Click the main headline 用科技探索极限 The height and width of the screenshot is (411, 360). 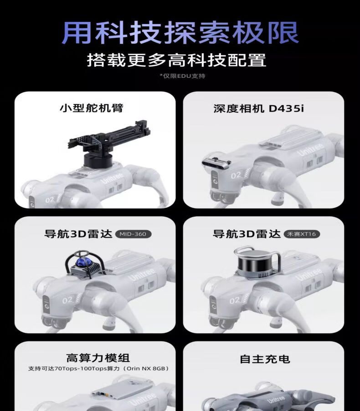pyautogui.click(x=180, y=33)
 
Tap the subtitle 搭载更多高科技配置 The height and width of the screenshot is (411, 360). pyautogui.click(x=177, y=60)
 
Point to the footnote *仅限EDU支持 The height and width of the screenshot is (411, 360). pyautogui.click(x=182, y=76)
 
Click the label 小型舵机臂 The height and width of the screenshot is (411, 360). pyautogui.click(x=92, y=108)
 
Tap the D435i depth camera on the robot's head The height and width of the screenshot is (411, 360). pyautogui.click(x=216, y=163)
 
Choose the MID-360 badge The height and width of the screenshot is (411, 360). pyautogui.click(x=133, y=234)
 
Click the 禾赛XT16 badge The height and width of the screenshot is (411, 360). pyautogui.click(x=302, y=234)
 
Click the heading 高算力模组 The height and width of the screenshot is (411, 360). pyautogui.click(x=98, y=358)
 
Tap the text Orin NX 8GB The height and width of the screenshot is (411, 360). pyautogui.click(x=146, y=369)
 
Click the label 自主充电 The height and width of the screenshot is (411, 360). pyautogui.click(x=265, y=359)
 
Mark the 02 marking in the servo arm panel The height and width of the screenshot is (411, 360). pyautogui.click(x=50, y=200)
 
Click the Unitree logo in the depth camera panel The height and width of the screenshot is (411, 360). pyautogui.click(x=311, y=150)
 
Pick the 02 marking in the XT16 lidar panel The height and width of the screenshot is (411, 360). pyautogui.click(x=235, y=300)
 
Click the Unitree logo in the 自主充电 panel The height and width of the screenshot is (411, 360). pyautogui.click(x=276, y=400)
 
